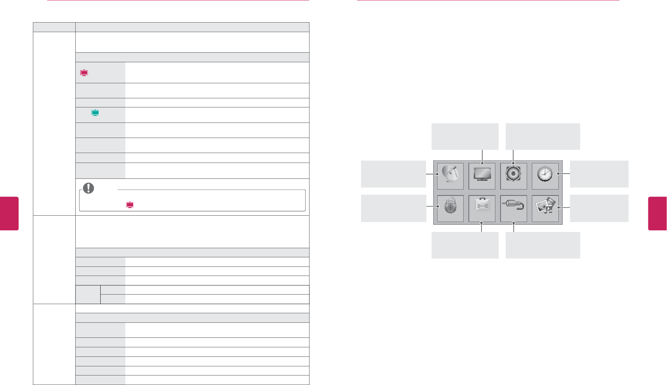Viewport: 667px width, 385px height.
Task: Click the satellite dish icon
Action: click(x=450, y=176)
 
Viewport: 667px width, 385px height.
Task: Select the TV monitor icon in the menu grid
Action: click(x=482, y=176)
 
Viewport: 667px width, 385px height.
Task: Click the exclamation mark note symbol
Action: click(x=88, y=188)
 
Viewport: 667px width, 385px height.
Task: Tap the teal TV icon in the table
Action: click(x=95, y=113)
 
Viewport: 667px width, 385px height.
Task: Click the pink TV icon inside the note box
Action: click(x=130, y=205)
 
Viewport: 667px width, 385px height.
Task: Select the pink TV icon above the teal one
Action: click(x=84, y=73)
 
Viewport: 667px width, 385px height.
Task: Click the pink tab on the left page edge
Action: click(x=9, y=213)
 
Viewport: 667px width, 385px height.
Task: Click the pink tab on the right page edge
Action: click(x=657, y=213)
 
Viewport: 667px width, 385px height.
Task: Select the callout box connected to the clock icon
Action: click(x=599, y=174)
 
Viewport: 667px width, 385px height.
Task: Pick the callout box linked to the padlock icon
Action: click(x=393, y=208)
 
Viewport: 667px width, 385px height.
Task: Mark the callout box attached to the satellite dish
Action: click(x=393, y=174)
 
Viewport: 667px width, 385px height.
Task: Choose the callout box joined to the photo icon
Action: click(x=599, y=208)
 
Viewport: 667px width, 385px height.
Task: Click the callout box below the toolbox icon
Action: click(x=465, y=245)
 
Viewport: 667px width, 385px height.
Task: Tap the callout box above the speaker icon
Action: click(x=543, y=136)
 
